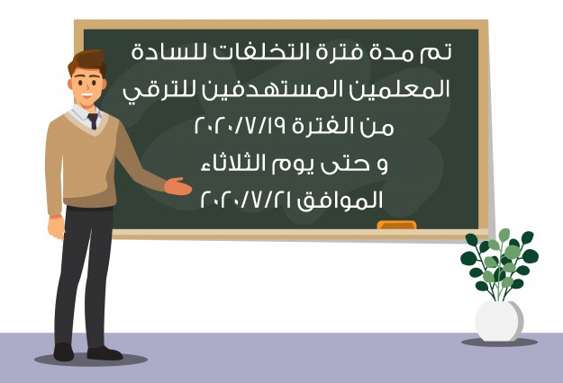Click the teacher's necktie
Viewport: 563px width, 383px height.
pos(93,120)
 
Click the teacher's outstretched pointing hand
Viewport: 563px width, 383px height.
pos(178,186)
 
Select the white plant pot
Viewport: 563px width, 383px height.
pos(499,321)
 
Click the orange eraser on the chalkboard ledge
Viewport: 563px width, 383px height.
pos(396,225)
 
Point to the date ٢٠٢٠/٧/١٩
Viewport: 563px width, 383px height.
pos(240,126)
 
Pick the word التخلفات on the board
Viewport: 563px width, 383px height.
pos(261,52)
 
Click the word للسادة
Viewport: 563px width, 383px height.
pos(169,52)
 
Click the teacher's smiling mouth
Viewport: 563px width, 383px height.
pos(86,95)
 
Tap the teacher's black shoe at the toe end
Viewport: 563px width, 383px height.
pos(114,354)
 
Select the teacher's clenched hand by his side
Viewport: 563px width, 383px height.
pos(56,227)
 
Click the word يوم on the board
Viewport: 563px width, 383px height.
pos(296,165)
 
